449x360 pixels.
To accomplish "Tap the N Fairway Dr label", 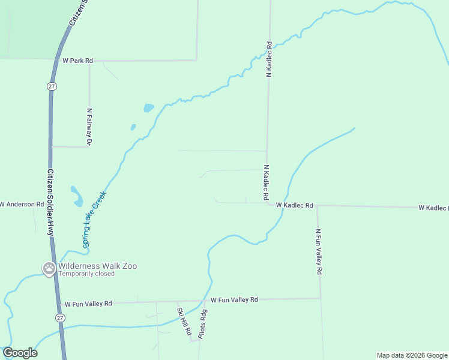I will click(x=89, y=127).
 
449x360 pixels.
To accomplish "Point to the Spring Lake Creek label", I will click(x=94, y=220).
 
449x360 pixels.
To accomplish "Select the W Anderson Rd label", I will click(x=22, y=204).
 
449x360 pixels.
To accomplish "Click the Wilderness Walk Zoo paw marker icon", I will click(x=49, y=268).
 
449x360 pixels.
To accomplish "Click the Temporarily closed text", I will click(x=86, y=274).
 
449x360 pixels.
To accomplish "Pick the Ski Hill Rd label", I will click(x=183, y=321).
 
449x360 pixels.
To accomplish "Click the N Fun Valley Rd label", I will click(x=319, y=251).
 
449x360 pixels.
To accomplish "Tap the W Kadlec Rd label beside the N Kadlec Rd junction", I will click(x=295, y=205).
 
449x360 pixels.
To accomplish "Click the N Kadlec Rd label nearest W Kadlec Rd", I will click(x=265, y=182).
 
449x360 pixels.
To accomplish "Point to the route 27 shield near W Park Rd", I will click(x=52, y=86).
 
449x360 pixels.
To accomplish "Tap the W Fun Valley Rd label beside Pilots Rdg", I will click(x=234, y=299).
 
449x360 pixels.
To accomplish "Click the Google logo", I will click(x=20, y=353).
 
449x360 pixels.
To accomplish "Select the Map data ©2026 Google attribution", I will click(x=411, y=355).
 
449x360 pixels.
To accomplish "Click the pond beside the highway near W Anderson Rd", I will click(x=77, y=196).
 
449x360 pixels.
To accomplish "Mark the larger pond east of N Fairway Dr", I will click(x=148, y=108).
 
